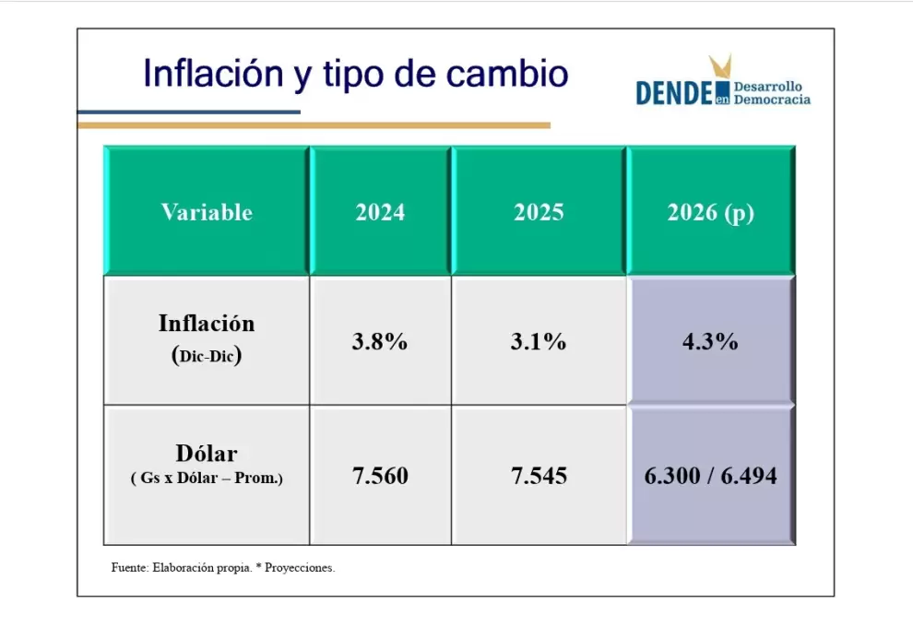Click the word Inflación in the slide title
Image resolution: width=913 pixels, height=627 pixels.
213,74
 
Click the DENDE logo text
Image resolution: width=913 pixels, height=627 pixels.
674,93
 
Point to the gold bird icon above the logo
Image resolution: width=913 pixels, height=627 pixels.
720,65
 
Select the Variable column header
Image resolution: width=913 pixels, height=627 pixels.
207,212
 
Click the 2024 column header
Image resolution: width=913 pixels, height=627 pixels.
380,212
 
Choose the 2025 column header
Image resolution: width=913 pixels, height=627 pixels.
539,212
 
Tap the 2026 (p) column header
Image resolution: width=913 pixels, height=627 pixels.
710,212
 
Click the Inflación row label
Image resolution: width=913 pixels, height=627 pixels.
207,323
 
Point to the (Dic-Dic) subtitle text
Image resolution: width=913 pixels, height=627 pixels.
207,355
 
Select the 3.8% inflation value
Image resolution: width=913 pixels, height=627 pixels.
380,341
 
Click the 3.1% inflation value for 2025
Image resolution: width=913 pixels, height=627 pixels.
539,341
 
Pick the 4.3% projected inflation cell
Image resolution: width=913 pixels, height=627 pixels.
710,341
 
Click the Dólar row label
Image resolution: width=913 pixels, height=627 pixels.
207,453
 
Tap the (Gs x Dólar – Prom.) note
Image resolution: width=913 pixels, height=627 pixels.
207,478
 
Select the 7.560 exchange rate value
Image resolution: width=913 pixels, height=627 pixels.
380,476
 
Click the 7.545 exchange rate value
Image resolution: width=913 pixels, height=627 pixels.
539,476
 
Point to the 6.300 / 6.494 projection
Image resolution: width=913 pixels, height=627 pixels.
710,476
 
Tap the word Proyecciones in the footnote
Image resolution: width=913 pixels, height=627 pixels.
300,568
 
